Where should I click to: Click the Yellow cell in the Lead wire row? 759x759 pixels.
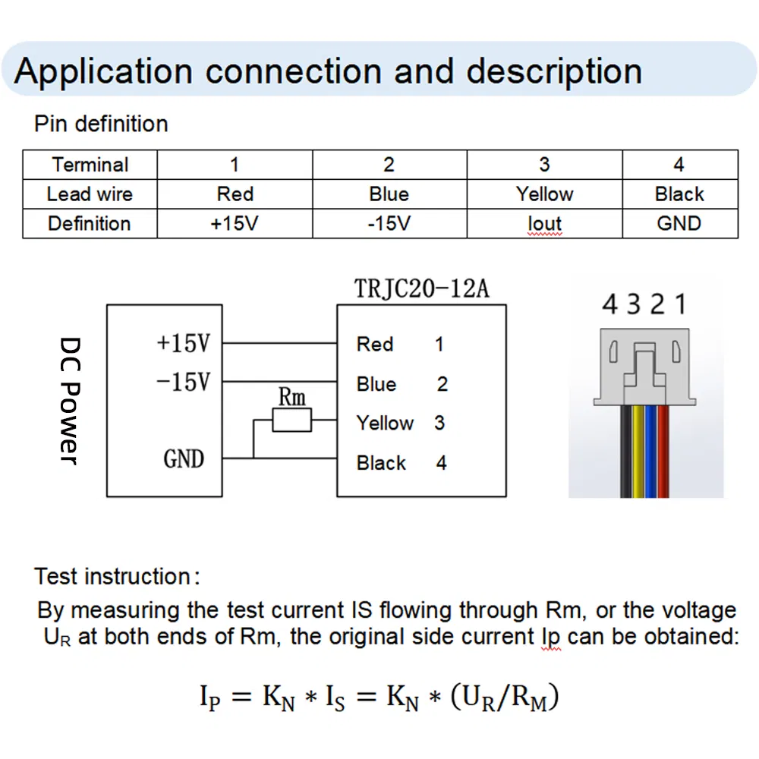(x=544, y=194)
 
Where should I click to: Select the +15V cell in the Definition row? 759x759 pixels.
(x=235, y=224)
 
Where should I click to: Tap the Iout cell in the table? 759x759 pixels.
(x=544, y=224)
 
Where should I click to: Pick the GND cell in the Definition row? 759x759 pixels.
(x=679, y=224)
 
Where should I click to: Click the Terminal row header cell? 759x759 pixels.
(x=90, y=165)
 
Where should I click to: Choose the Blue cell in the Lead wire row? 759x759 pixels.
(x=389, y=194)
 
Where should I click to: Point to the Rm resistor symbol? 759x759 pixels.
(x=291, y=420)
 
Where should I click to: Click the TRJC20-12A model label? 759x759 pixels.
(x=422, y=289)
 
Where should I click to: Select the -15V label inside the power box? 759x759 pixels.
(x=183, y=381)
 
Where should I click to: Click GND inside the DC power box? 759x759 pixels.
(x=184, y=458)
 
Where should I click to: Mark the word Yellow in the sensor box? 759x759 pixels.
(x=385, y=423)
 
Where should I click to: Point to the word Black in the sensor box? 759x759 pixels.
(x=381, y=463)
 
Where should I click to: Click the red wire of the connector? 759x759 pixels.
(x=664, y=452)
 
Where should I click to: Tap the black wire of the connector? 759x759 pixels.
(x=627, y=452)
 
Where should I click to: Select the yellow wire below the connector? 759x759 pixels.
(x=639, y=452)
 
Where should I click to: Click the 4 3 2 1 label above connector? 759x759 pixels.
(x=644, y=305)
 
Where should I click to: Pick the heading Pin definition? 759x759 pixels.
(x=101, y=124)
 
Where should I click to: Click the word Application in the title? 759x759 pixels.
(x=103, y=71)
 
